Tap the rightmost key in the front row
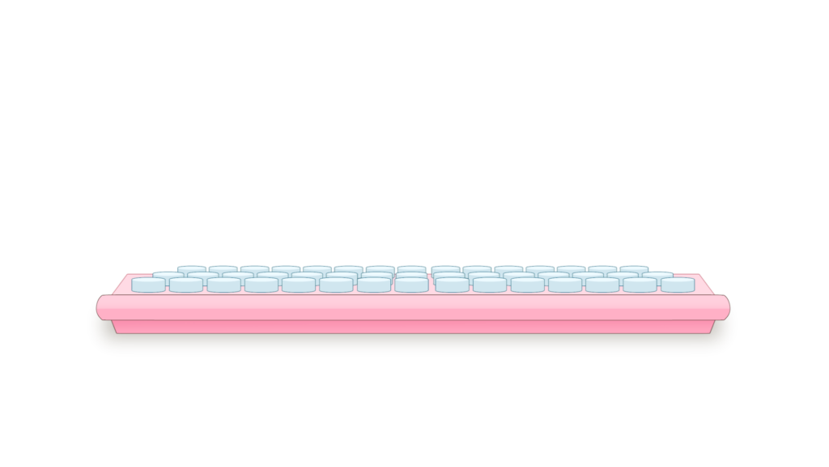pos(677,285)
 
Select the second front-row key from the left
pos(186,285)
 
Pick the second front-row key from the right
pos(640,285)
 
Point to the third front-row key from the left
pos(223,285)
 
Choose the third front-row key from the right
pos(602,285)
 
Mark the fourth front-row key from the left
pos(261,285)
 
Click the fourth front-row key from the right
pos(564,285)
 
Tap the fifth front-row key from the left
pos(299,285)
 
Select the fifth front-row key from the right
pos(527,285)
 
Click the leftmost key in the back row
pos(192,269)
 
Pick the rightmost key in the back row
pos(635,269)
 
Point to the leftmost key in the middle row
pos(168,276)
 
